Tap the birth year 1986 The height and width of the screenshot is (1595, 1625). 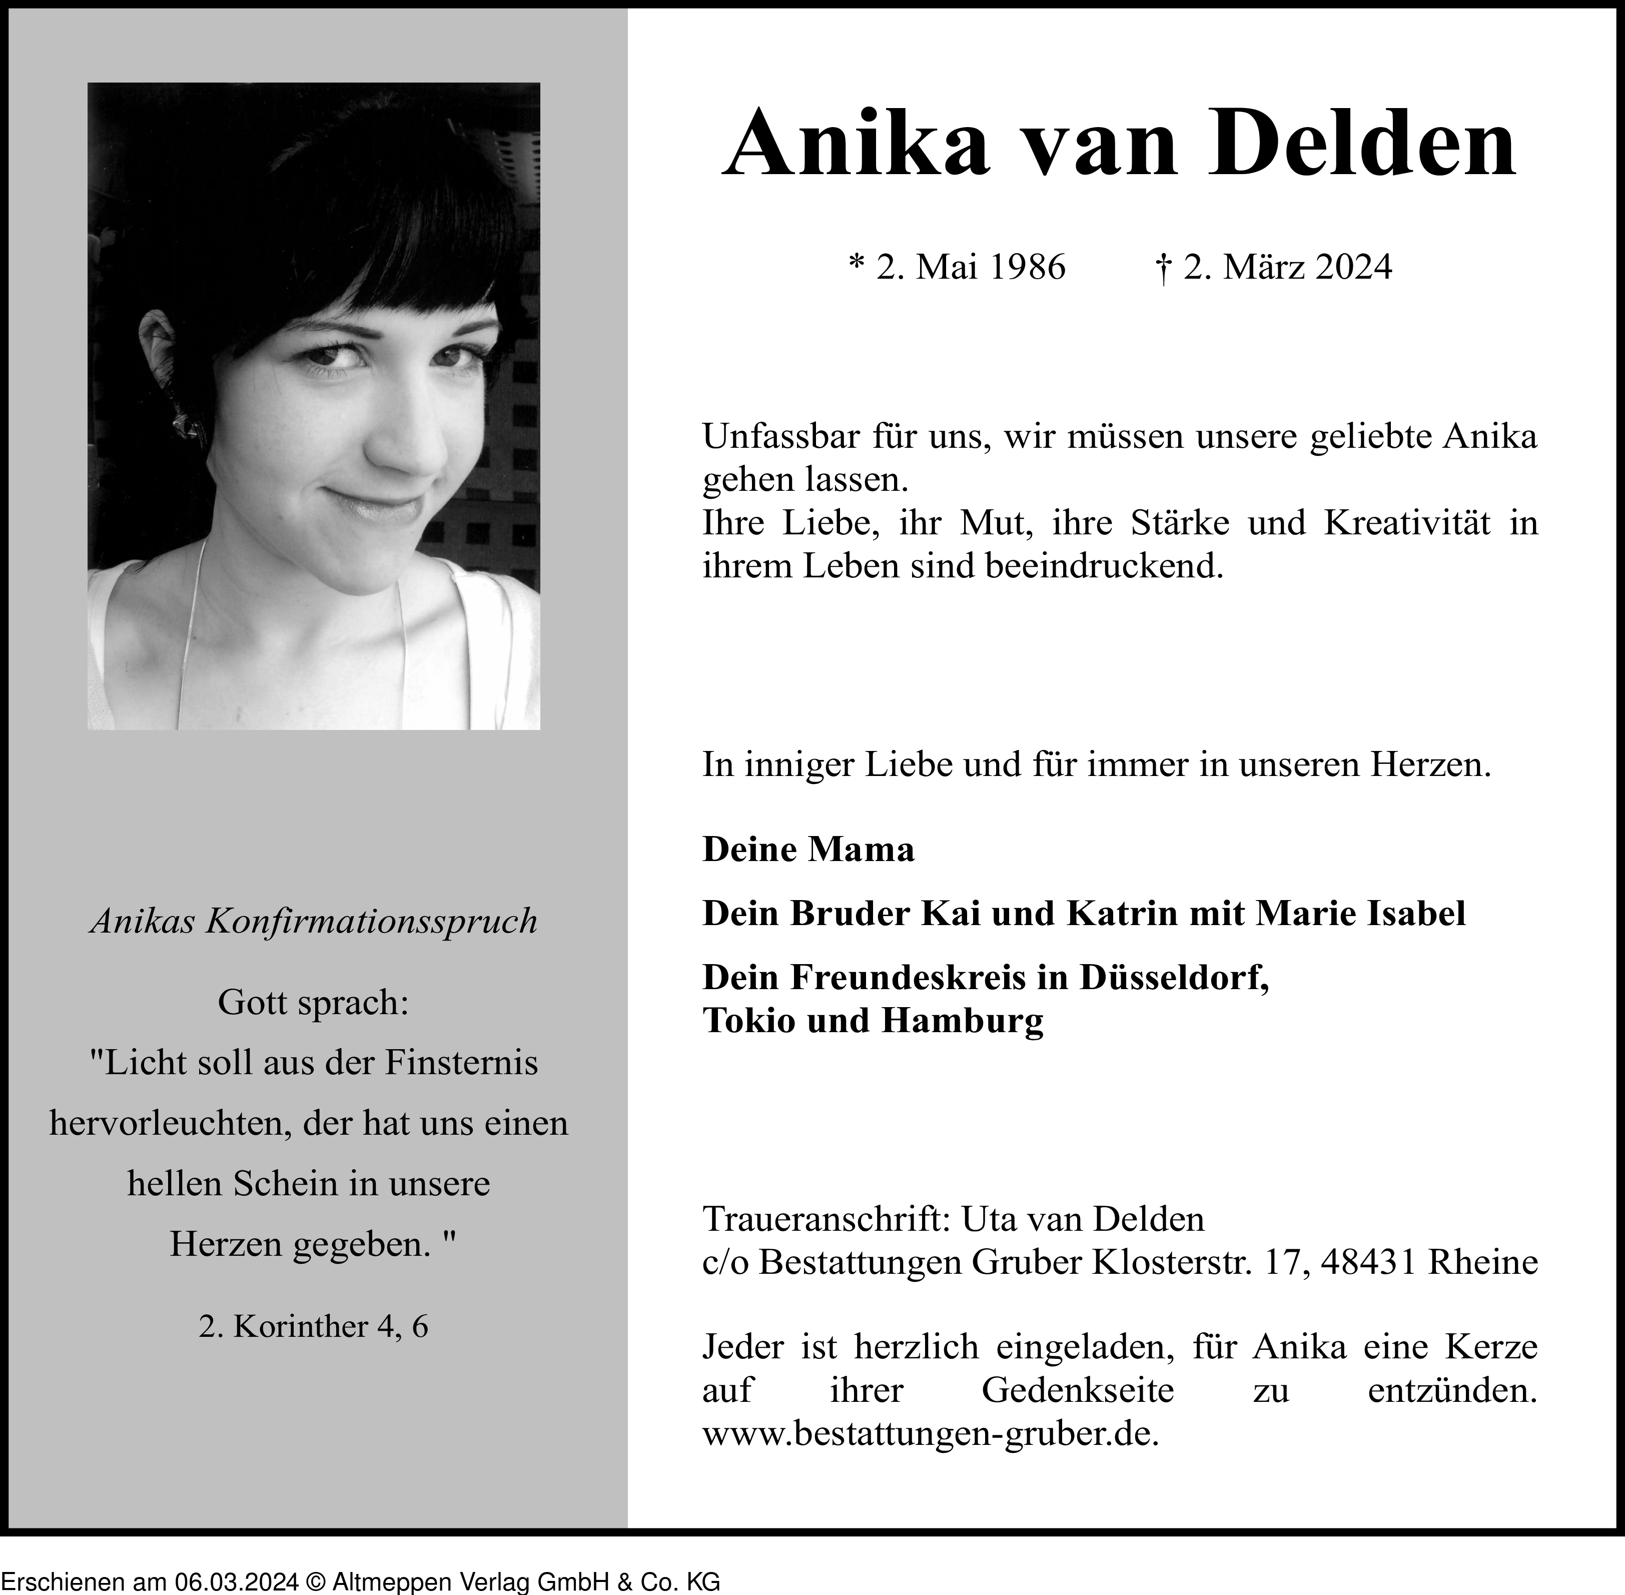[x=1027, y=267]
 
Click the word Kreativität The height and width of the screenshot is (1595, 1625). [x=1407, y=523]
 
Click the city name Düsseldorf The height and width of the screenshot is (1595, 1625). [x=1174, y=977]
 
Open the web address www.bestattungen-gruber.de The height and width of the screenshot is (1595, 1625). [x=930, y=1435]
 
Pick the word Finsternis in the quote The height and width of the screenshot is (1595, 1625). [x=461, y=1063]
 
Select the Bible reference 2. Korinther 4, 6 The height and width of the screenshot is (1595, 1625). [x=313, y=1326]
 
